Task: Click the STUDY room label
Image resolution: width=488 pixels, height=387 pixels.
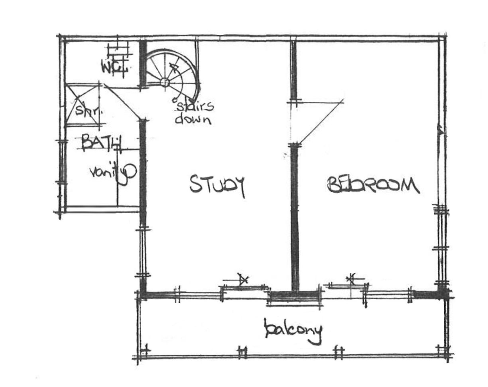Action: [216, 185]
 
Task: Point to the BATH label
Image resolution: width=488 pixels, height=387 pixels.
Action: [101, 143]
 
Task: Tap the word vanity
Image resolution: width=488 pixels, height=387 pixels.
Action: [111, 172]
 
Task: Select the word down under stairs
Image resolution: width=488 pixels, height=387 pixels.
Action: [193, 119]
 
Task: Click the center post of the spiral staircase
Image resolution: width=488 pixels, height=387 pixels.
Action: [165, 82]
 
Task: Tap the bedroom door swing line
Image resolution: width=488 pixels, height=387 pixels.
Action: [321, 121]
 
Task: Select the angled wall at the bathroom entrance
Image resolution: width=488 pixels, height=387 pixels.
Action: [124, 101]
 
